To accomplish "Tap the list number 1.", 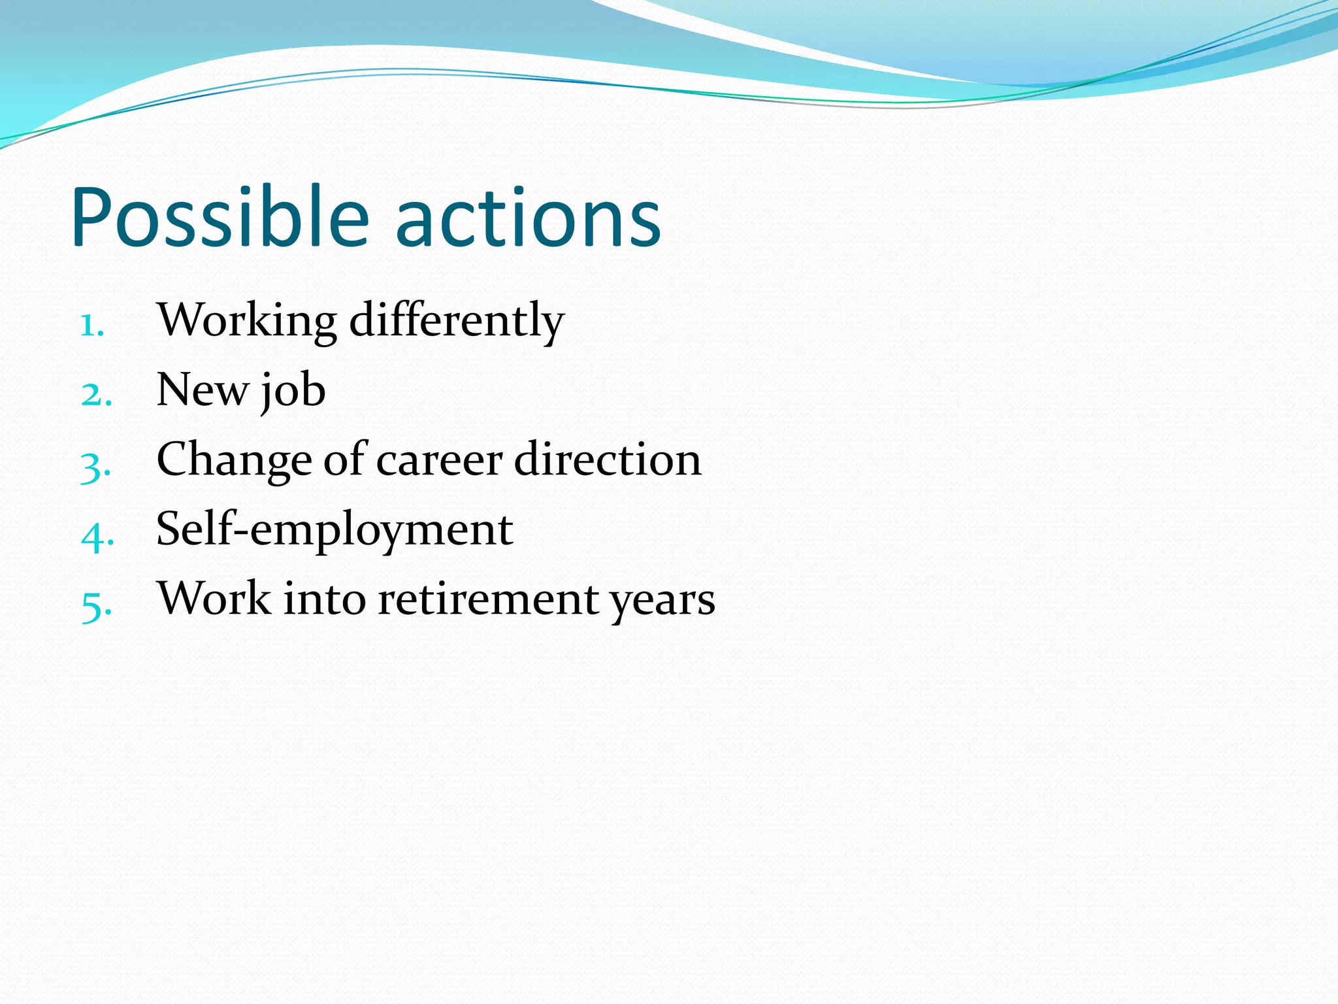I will pos(91,325).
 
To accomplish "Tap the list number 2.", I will pos(96,395).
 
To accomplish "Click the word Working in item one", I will pos(247,321).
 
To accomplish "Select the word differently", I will pos(456,321).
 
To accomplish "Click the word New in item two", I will pos(202,390).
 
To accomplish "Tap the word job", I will pos(293,392).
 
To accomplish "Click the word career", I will pos(438,460).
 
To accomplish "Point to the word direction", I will pos(608,460).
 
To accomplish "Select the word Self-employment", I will pos(334,529).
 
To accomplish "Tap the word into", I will pos(324,599).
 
